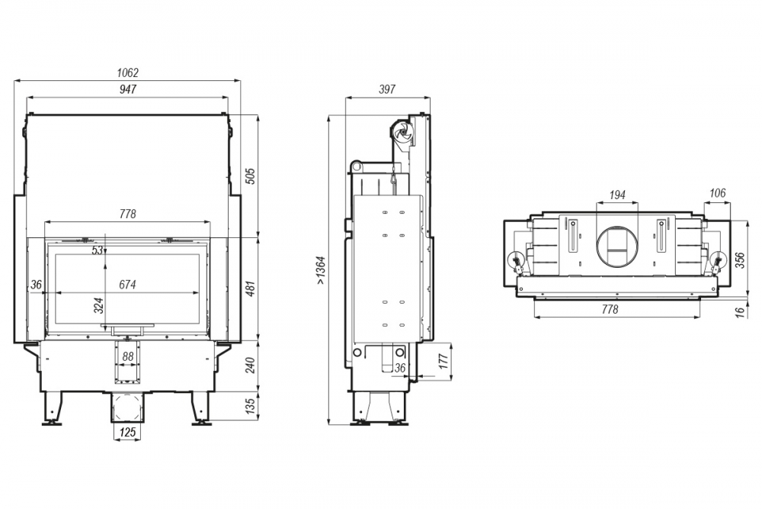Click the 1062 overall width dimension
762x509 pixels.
pyautogui.click(x=128, y=72)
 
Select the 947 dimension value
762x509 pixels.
pyautogui.click(x=128, y=89)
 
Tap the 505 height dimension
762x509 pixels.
pyautogui.click(x=250, y=176)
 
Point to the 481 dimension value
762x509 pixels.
pyautogui.click(x=250, y=289)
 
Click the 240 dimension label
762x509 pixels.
pyautogui.click(x=250, y=366)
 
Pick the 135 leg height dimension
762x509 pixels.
pyautogui.click(x=250, y=406)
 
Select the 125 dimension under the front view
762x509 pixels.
pyautogui.click(x=127, y=432)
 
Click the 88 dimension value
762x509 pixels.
pyautogui.click(x=128, y=356)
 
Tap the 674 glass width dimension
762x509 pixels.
pyautogui.click(x=128, y=285)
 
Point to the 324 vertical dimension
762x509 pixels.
pyautogui.click(x=98, y=305)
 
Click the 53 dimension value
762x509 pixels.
pyautogui.click(x=98, y=250)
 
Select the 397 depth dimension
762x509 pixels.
pyautogui.click(x=387, y=89)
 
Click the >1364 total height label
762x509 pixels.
pyautogui.click(x=320, y=271)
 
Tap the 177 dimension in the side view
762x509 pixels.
pyautogui.click(x=444, y=362)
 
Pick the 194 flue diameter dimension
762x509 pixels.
pyautogui.click(x=617, y=195)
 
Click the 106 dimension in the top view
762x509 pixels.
pyautogui.click(x=717, y=193)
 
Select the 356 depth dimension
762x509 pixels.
pyautogui.click(x=740, y=261)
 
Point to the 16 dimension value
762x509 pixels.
pyautogui.click(x=740, y=312)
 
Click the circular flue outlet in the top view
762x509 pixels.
pyautogui.click(x=617, y=246)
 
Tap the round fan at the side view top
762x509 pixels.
pyautogui.click(x=402, y=131)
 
